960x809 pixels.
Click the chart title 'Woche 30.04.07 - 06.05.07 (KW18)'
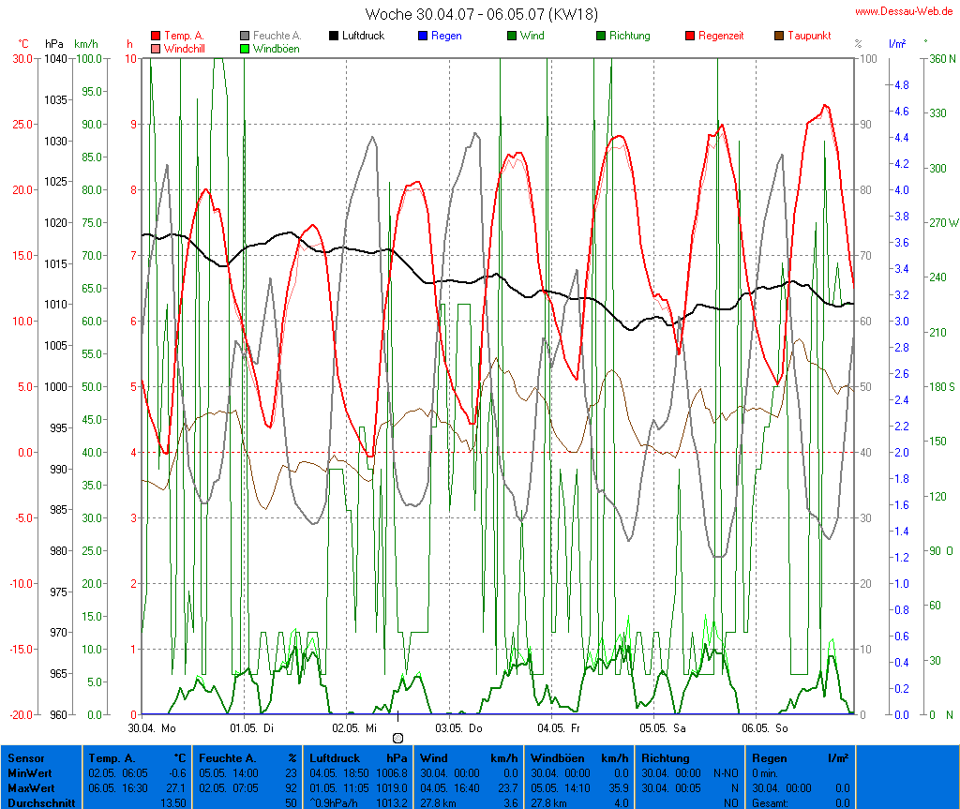pyautogui.click(x=481, y=13)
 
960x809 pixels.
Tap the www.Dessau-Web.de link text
pyautogui.click(x=904, y=11)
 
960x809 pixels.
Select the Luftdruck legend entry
pyautogui.click(x=357, y=36)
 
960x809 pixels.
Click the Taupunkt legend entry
pyautogui.click(x=806, y=36)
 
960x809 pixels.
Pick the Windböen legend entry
pyautogui.click(x=276, y=49)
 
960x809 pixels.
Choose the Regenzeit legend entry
pyautogui.click(x=721, y=36)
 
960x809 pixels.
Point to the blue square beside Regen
pyautogui.click(x=422, y=36)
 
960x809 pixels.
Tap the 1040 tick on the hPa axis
pyautogui.click(x=54, y=58)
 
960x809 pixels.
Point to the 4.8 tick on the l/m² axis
pyautogui.click(x=901, y=84)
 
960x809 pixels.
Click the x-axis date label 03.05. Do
pyautogui.click(x=459, y=727)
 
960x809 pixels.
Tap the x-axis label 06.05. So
pyautogui.click(x=766, y=727)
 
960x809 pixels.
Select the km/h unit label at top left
pyautogui.click(x=85, y=44)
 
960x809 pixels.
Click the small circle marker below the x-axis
pyautogui.click(x=397, y=739)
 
